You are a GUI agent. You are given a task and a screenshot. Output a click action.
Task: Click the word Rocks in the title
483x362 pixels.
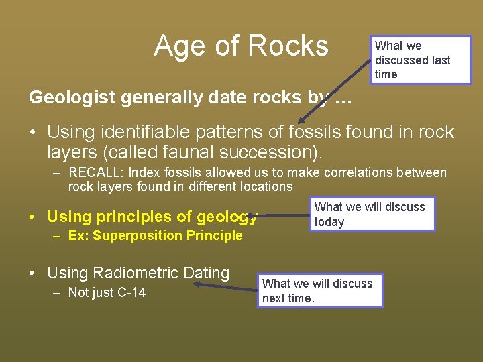click(288, 46)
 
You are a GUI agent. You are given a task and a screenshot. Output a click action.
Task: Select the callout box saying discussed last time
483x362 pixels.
click(421, 60)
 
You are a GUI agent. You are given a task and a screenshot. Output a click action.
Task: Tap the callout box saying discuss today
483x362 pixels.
click(372, 215)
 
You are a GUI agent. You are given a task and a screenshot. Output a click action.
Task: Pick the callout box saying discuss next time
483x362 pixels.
click(320, 291)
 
